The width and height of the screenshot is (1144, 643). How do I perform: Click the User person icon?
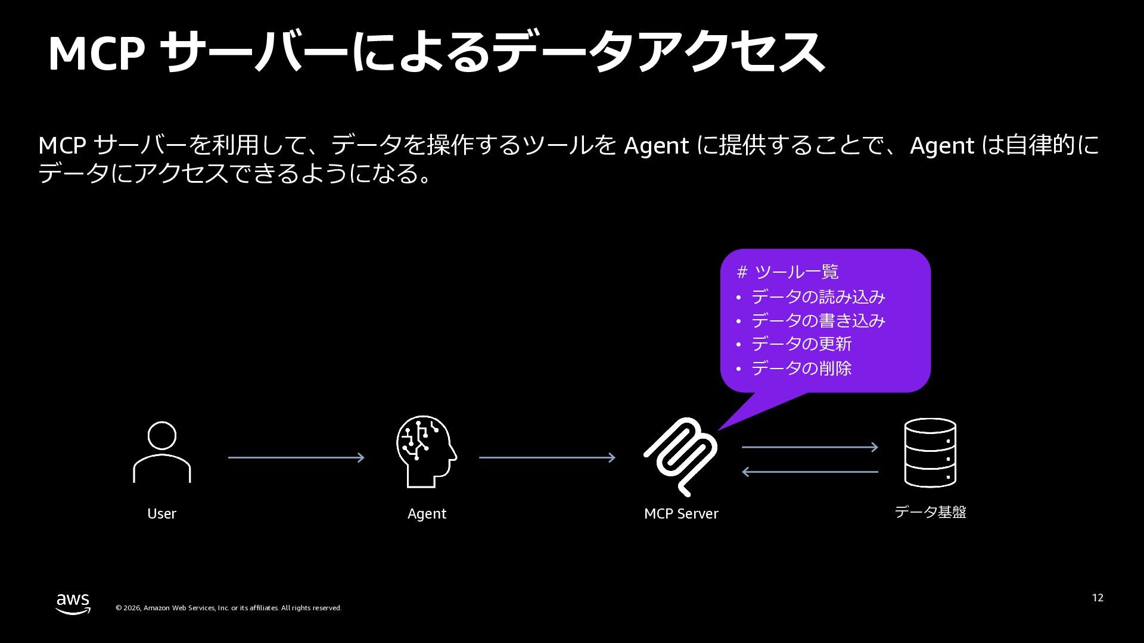[x=161, y=452]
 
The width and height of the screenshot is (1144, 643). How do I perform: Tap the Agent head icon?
[x=426, y=451]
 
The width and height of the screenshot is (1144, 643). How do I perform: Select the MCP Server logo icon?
[x=681, y=456]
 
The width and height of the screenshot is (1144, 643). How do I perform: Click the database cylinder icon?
[x=930, y=452]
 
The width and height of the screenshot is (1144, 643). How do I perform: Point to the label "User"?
[x=161, y=514]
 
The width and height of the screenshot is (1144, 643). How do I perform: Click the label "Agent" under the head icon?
[x=427, y=514]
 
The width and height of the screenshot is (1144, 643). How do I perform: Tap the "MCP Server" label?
[x=681, y=514]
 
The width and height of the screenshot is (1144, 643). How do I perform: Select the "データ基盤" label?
[x=930, y=512]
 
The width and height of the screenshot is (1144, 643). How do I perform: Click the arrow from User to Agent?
[x=296, y=457]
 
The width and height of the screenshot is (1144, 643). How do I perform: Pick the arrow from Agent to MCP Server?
[x=547, y=457]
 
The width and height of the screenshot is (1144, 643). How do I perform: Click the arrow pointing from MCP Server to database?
[x=810, y=447]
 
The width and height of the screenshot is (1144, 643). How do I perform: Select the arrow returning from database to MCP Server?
[x=810, y=472]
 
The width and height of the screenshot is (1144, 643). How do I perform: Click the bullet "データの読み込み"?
[x=817, y=296]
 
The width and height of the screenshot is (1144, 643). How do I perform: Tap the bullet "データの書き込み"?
[x=817, y=320]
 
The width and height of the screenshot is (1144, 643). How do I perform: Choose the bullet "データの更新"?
[x=801, y=344]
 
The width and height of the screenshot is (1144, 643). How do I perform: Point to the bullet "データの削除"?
[x=801, y=369]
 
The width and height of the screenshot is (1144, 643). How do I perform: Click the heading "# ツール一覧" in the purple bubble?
[x=787, y=272]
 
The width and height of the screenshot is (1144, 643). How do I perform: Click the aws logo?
[x=73, y=603]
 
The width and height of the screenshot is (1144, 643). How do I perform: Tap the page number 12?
[x=1098, y=598]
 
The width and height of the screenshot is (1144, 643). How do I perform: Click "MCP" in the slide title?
[x=96, y=54]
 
